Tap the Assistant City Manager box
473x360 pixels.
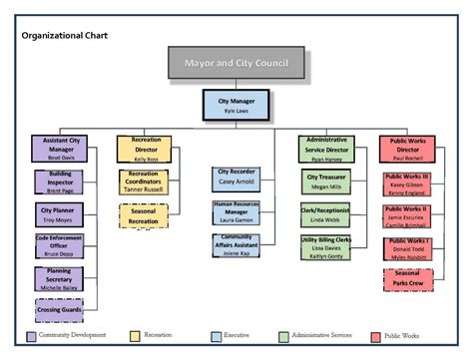coord(62,148)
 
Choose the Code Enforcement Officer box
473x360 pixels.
coord(62,245)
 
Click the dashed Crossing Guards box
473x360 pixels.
coord(62,309)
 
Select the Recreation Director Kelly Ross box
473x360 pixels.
coord(146,148)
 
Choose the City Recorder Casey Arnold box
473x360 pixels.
coord(237,179)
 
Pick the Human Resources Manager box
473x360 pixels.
coord(237,211)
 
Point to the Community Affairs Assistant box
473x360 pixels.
coord(237,245)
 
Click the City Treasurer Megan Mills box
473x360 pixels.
coord(326,180)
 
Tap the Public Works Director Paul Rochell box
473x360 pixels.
coord(408,148)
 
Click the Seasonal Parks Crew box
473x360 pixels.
coord(408,279)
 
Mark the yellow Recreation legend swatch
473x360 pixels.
coord(135,337)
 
